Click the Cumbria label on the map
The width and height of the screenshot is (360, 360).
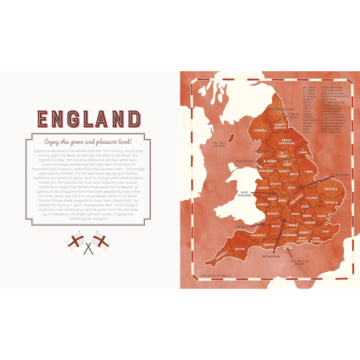[261, 130]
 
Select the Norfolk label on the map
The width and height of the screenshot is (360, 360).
[331, 189]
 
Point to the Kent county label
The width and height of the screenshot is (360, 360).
[326, 231]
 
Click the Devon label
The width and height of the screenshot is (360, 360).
[240, 249]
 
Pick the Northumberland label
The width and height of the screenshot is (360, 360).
[281, 110]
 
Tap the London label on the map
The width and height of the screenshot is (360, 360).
[310, 222]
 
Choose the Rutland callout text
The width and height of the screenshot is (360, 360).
[342, 175]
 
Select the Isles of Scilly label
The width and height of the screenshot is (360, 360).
[216, 276]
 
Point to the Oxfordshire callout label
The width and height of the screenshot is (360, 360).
[271, 257]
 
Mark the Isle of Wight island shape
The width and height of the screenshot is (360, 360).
[289, 250]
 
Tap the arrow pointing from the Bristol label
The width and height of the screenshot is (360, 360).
[258, 224]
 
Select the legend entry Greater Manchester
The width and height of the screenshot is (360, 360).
[335, 96]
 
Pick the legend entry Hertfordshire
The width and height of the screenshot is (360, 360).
[331, 132]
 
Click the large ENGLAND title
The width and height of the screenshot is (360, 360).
[89, 119]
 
